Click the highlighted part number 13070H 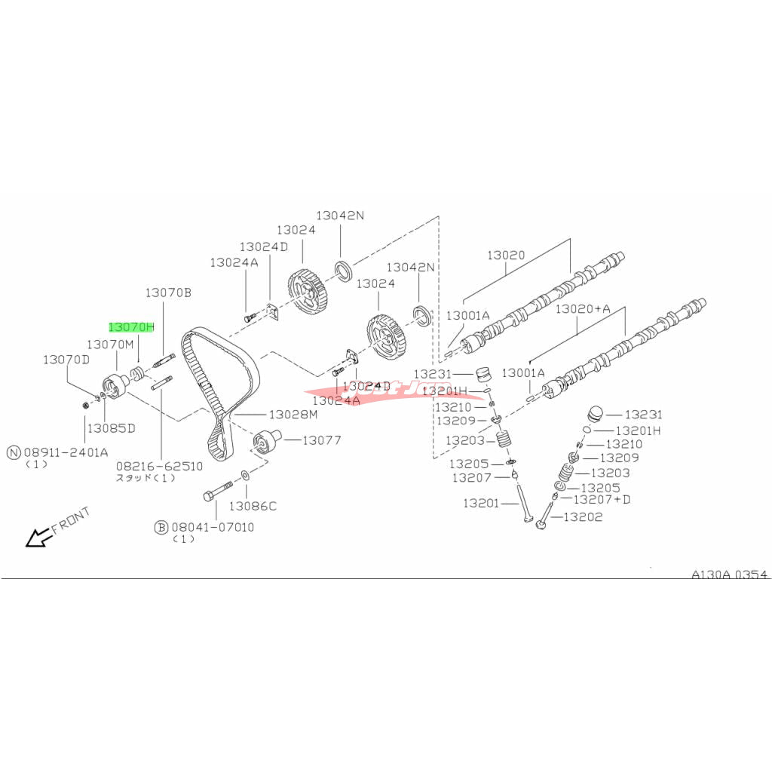[131, 327]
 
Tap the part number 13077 [322, 440]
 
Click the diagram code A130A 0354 [729, 574]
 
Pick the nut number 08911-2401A [66, 452]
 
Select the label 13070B [169, 292]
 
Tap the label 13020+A [582, 308]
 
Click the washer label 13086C [253, 506]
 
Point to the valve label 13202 [583, 517]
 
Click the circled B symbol [161, 528]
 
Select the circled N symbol [14, 452]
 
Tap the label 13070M [109, 344]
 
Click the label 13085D [110, 428]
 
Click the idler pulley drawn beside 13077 [265, 440]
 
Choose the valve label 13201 [481, 503]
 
